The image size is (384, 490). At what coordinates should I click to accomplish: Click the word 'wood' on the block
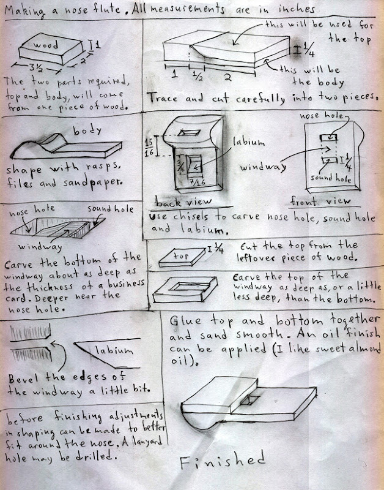tap(45, 44)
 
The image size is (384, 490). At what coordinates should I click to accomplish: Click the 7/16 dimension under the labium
tap(197, 181)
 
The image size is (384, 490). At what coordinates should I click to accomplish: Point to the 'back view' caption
tap(183, 202)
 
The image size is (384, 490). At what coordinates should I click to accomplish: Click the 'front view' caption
tap(320, 202)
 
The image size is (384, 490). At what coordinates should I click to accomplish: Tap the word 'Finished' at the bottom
tap(223, 460)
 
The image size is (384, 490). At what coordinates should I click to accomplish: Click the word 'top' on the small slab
tap(181, 256)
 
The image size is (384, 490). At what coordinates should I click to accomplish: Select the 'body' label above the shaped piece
tap(87, 130)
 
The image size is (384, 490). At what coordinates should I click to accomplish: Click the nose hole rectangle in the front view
tap(328, 137)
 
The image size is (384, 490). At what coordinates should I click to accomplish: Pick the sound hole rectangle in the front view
tap(330, 160)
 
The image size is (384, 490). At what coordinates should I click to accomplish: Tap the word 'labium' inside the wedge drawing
tap(114, 350)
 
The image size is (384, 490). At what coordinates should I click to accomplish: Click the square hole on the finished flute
tap(250, 401)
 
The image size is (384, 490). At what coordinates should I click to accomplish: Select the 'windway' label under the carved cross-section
tap(40, 247)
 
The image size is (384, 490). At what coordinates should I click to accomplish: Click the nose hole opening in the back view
tap(189, 132)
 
